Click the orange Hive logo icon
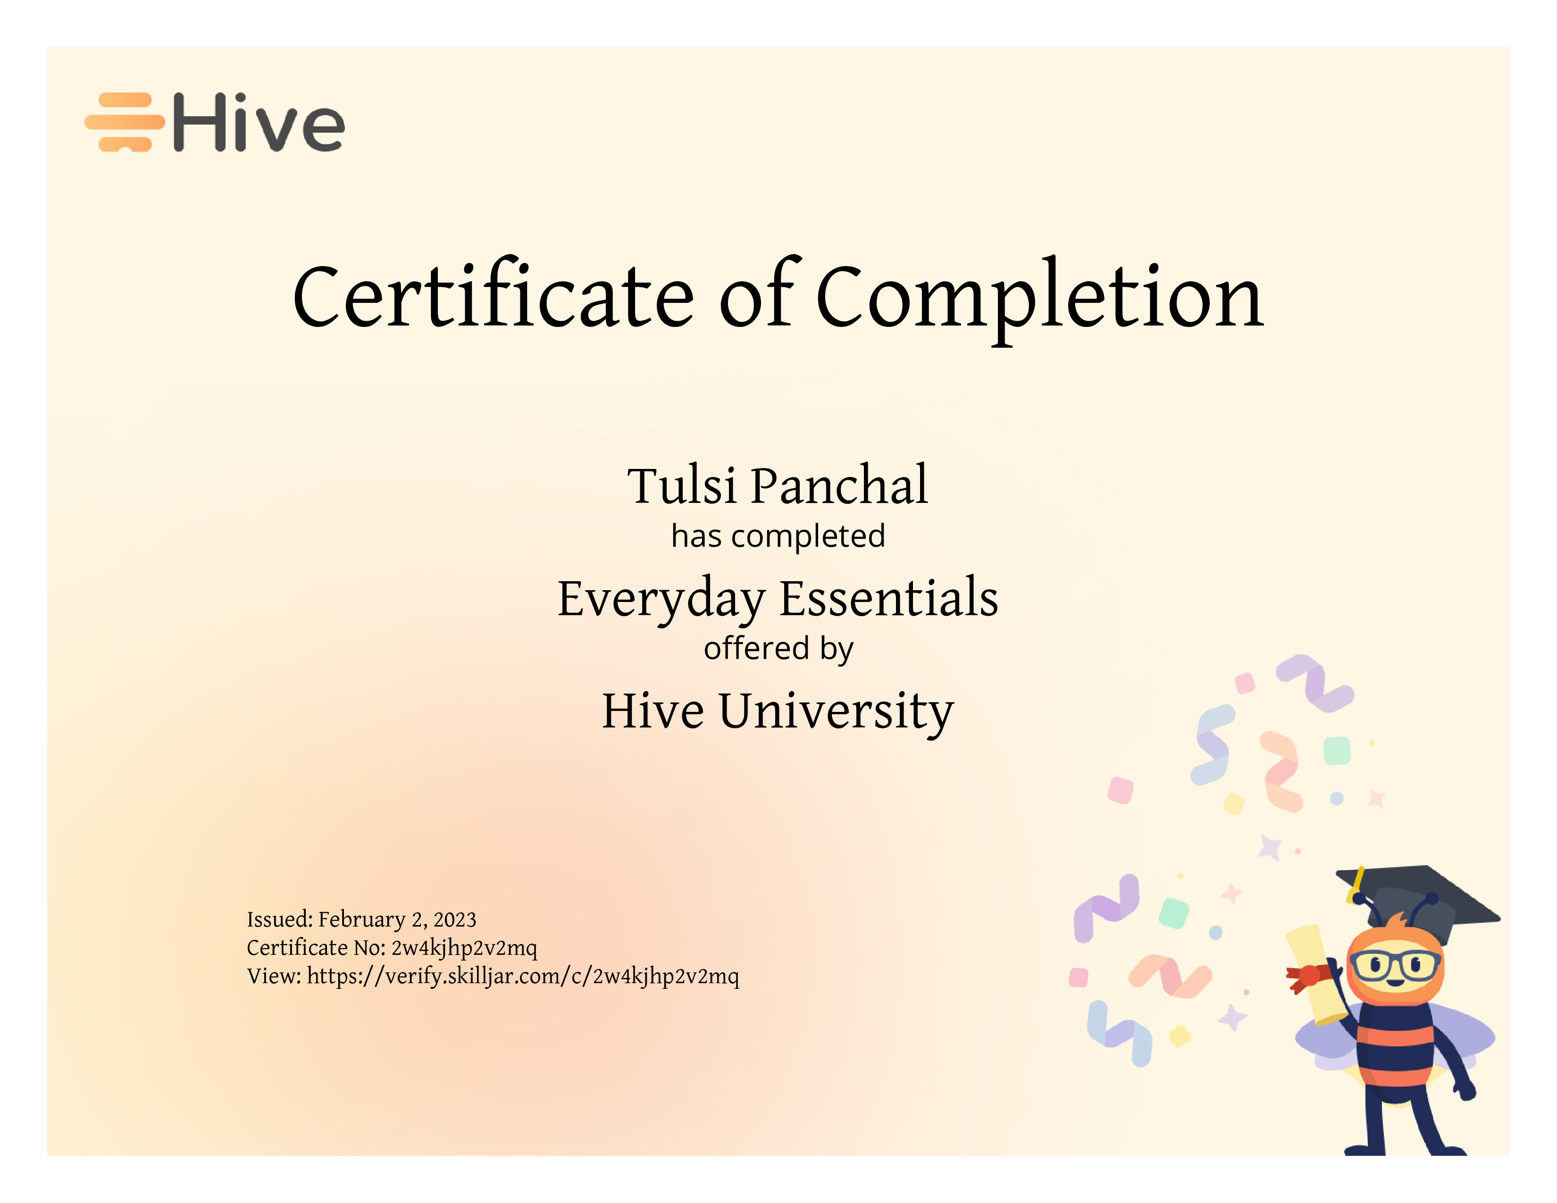pyautogui.click(x=125, y=122)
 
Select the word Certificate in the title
pyautogui.click(x=494, y=294)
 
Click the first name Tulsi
pyautogui.click(x=682, y=486)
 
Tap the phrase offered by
pyautogui.click(x=778, y=649)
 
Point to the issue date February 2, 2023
pyautogui.click(x=397, y=919)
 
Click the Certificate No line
pyautogui.click(x=392, y=948)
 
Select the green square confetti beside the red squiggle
pyautogui.click(x=1337, y=751)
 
